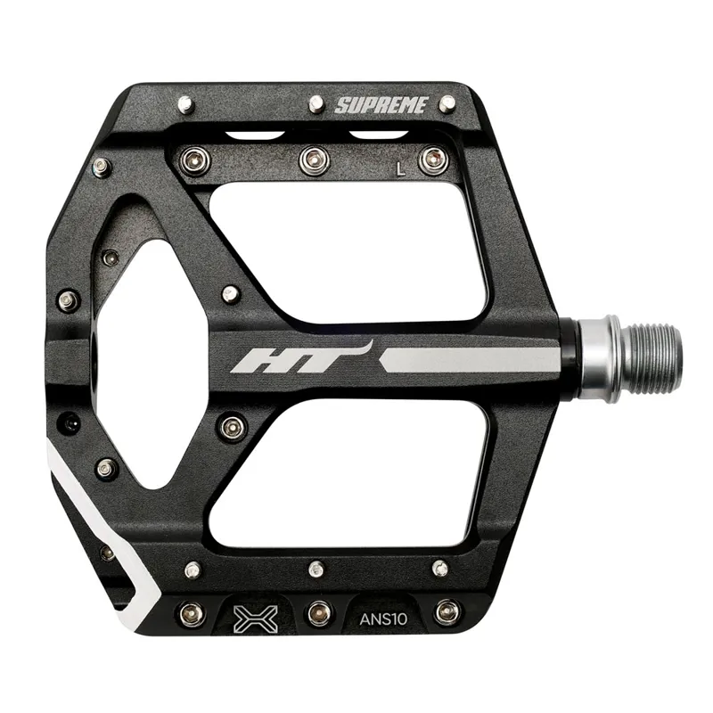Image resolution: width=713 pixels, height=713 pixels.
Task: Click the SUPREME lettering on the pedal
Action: point(381,105)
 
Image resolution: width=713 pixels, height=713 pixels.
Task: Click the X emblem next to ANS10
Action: point(255,614)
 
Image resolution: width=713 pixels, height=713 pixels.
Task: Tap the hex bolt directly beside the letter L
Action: point(433,160)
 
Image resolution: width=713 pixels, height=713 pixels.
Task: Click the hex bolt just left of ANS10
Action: point(319,612)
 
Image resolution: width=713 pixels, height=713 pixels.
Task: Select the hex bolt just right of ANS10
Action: point(447,612)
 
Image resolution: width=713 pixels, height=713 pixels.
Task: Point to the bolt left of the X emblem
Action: point(191,612)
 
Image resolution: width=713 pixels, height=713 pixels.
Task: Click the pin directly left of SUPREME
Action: point(316,104)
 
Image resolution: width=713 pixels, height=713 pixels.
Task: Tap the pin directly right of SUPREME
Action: point(447,103)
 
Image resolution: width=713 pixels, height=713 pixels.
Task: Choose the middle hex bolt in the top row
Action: point(313,160)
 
